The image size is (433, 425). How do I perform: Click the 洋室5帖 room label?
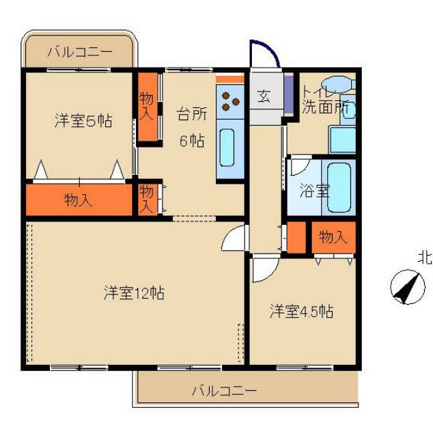[x=83, y=121]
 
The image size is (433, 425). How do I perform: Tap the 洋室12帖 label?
[x=134, y=293]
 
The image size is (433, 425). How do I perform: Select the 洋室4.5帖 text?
[x=301, y=312]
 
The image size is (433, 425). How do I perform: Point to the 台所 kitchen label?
[x=192, y=113]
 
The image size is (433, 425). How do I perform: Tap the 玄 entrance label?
[x=264, y=96]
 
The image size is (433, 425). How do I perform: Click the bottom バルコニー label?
[x=224, y=391]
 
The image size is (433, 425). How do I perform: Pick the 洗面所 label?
[x=325, y=107]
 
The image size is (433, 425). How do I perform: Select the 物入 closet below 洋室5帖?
[x=79, y=200]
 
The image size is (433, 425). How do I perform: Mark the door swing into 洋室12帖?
[x=234, y=239]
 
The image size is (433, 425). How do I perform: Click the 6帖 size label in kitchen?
[x=191, y=141]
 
